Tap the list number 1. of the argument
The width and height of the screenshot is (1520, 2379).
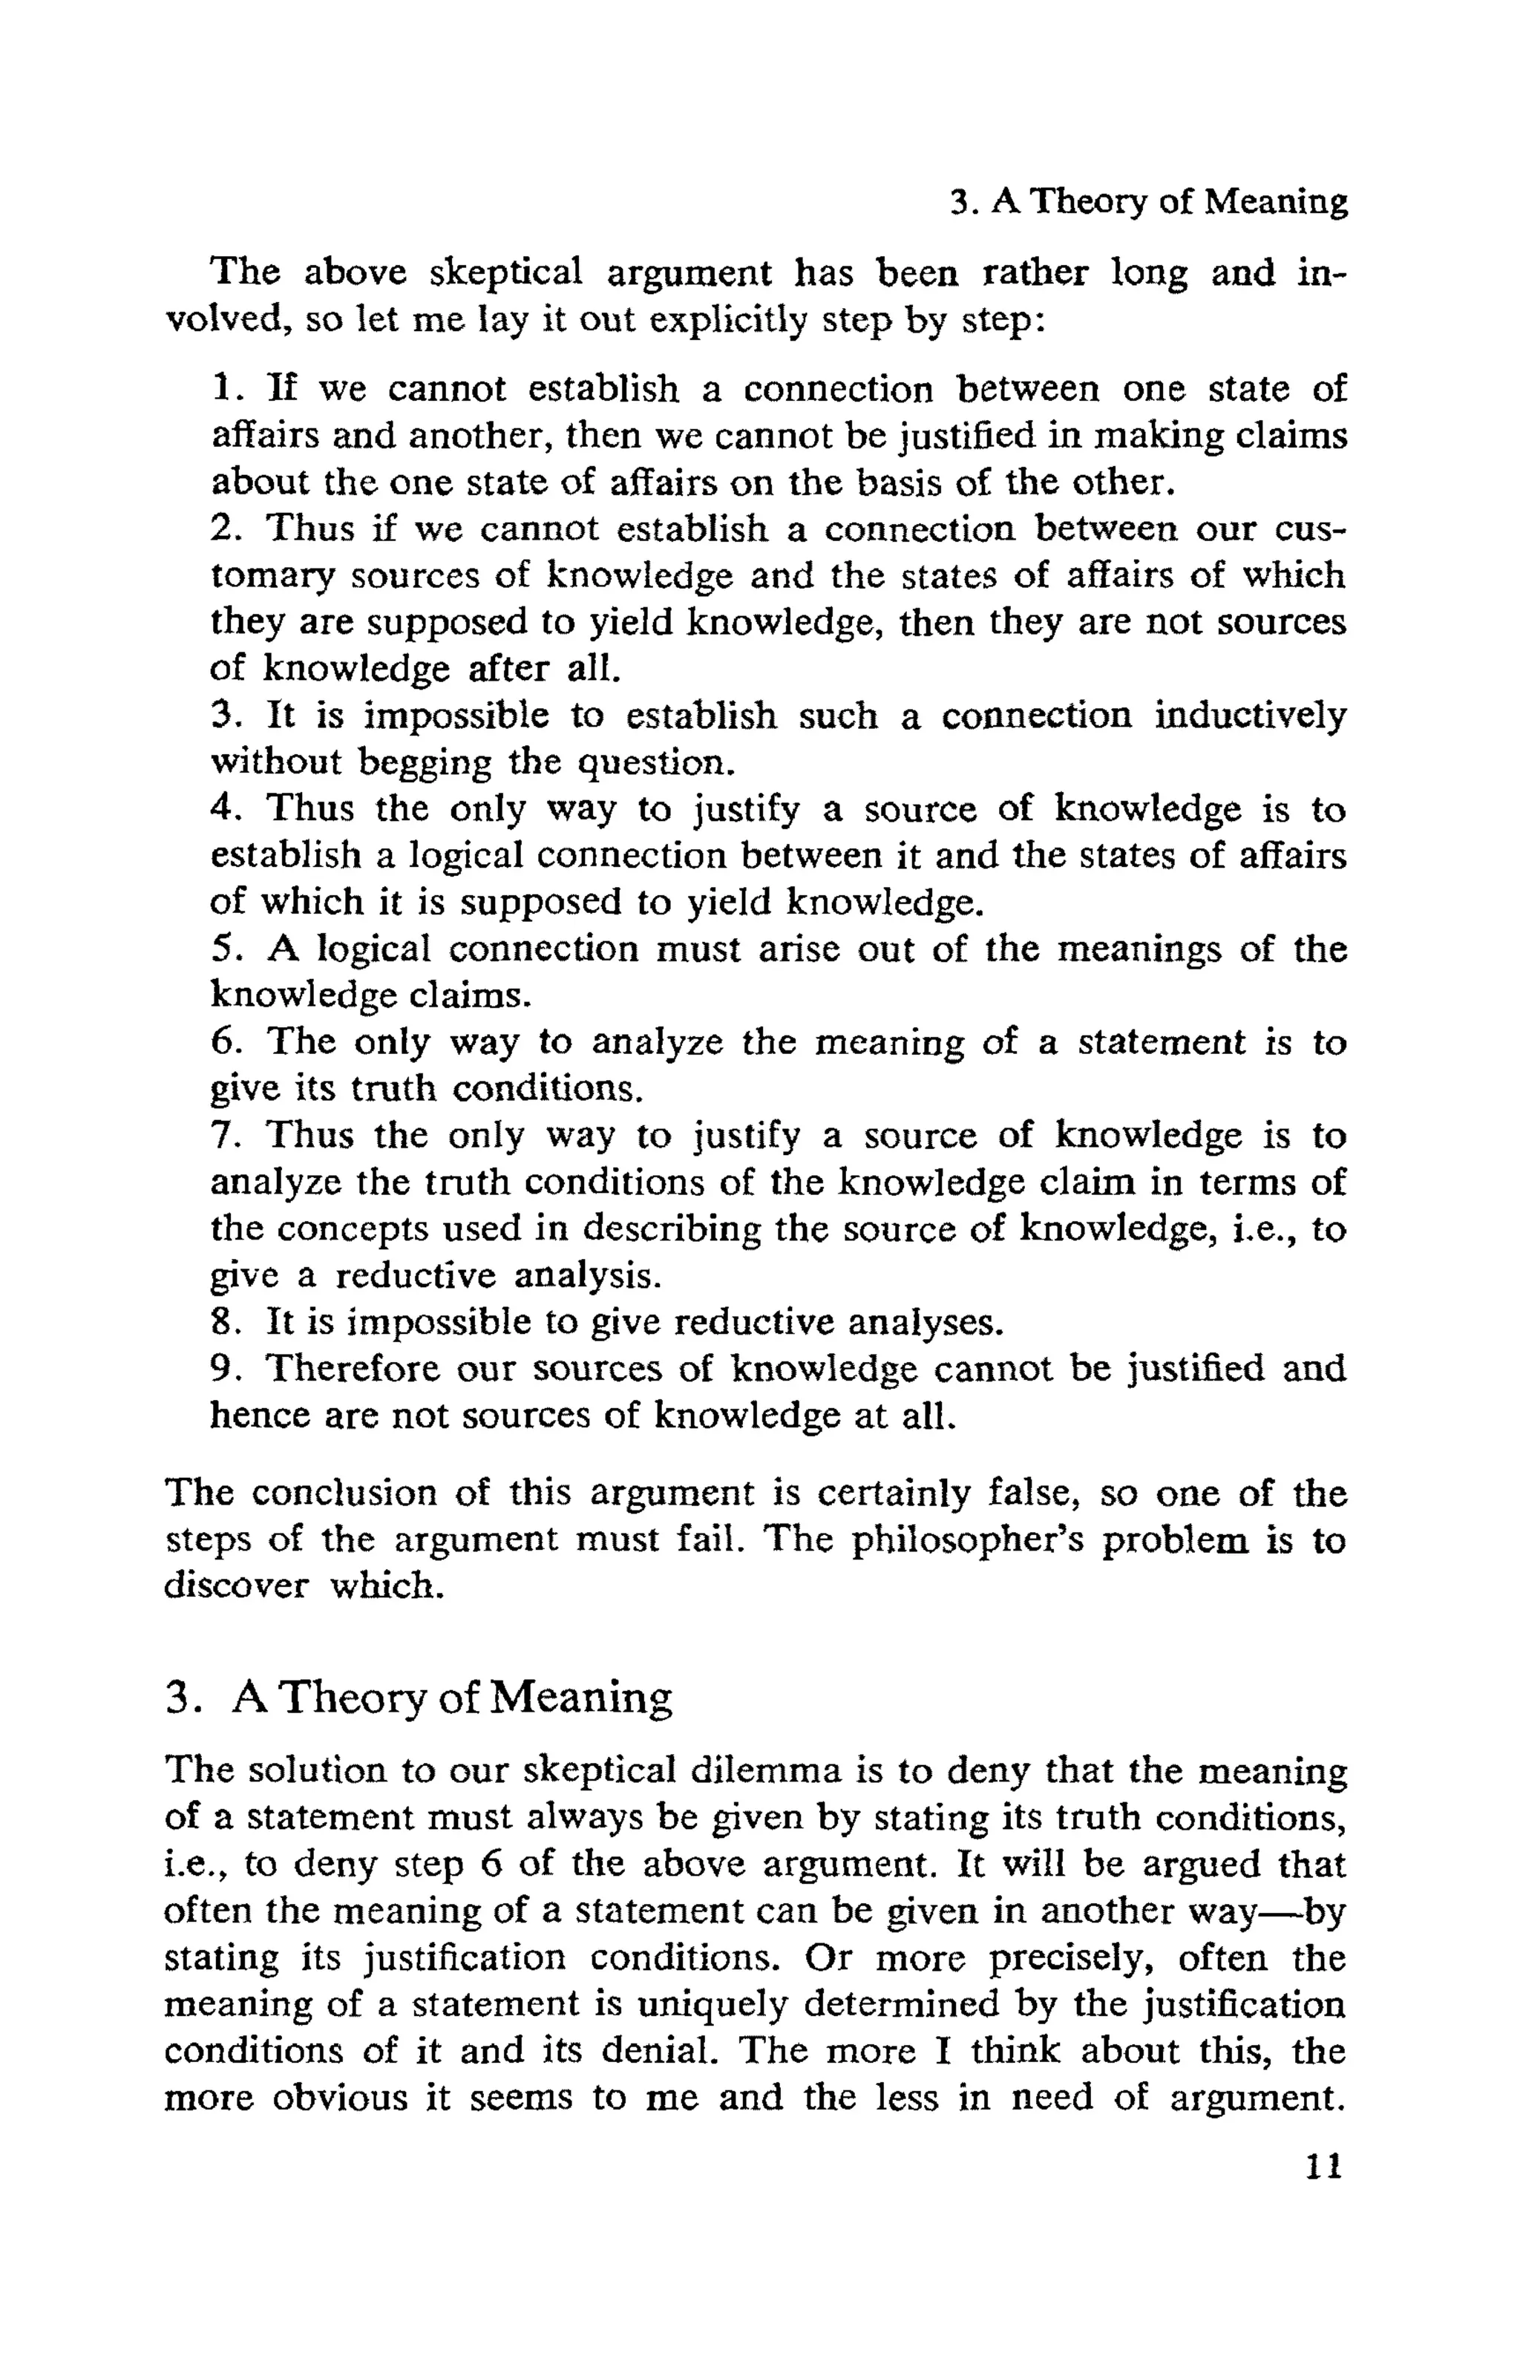225,388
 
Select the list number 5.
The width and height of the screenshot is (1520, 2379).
225,949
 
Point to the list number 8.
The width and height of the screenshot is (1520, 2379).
225,1322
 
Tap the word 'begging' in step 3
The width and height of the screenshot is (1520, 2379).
424,764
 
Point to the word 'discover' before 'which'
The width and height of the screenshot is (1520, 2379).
236,1587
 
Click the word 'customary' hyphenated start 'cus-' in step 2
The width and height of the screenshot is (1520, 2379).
1308,529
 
